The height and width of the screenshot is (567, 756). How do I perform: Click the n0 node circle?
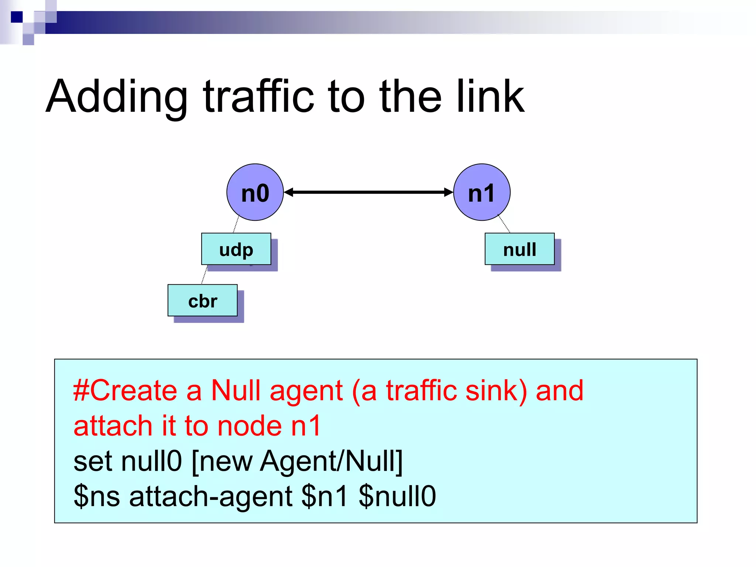(x=255, y=192)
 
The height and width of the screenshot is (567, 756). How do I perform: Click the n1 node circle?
(x=482, y=192)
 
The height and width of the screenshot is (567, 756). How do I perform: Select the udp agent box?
(x=236, y=249)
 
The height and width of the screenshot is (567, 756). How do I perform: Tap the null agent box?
(x=519, y=249)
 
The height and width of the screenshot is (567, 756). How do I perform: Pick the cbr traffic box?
(x=203, y=300)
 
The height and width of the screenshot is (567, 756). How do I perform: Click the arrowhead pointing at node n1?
(x=448, y=192)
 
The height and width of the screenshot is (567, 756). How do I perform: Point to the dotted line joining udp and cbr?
(x=205, y=275)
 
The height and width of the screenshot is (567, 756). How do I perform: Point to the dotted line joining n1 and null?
(x=504, y=224)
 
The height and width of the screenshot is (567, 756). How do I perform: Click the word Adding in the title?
(x=117, y=97)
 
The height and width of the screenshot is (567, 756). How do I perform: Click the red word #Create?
(x=125, y=391)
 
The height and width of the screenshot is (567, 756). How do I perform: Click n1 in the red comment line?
(x=306, y=426)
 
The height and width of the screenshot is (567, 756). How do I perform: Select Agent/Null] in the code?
(x=331, y=461)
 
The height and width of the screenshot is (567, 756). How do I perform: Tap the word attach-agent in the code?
(x=211, y=496)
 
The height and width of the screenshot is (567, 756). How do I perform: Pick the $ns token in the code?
(x=97, y=496)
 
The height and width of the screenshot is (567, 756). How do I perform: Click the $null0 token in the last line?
(x=397, y=496)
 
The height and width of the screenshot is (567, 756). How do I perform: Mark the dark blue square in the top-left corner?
(x=17, y=17)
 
